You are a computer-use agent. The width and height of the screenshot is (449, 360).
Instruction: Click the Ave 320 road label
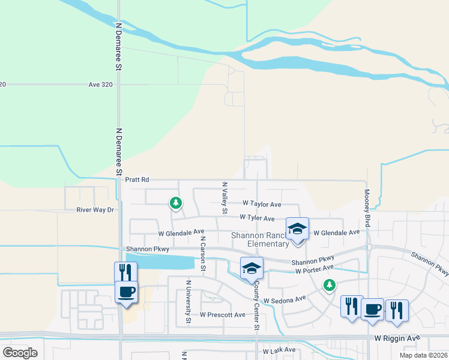(x=100, y=85)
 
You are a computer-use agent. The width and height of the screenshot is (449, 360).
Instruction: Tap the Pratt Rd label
(x=137, y=179)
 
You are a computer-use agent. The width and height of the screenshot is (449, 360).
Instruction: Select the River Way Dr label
(x=95, y=210)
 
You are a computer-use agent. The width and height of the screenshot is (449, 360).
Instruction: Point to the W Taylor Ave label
(x=262, y=204)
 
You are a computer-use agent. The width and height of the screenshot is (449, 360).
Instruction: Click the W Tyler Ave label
(x=257, y=218)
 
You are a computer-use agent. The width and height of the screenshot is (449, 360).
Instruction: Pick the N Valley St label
(x=224, y=199)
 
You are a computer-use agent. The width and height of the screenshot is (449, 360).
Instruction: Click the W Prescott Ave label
(x=223, y=314)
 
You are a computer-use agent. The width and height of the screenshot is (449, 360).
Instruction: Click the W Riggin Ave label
(x=397, y=338)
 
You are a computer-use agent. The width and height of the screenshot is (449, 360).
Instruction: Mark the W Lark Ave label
(x=279, y=350)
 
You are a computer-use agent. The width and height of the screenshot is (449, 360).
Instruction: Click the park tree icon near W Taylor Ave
(x=175, y=203)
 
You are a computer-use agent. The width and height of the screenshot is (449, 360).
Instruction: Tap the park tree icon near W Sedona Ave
(x=328, y=284)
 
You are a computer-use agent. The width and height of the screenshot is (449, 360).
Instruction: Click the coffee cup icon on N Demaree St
(x=126, y=292)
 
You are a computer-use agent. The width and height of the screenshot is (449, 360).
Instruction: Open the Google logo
(x=20, y=353)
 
